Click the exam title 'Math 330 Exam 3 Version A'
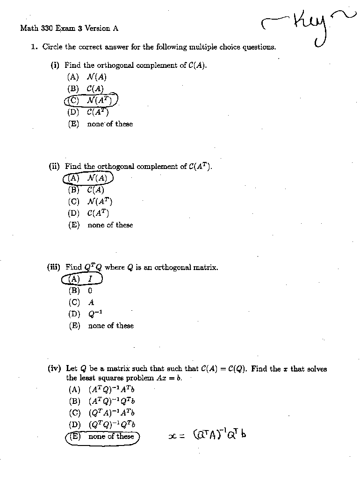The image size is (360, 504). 69,28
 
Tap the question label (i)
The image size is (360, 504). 55,66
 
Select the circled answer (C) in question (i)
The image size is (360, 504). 91,100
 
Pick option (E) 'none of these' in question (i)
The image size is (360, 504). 101,124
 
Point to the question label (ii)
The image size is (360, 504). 55,166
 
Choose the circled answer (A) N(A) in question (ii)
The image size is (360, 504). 88,178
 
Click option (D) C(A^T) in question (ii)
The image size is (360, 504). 89,213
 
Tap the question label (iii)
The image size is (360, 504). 54,267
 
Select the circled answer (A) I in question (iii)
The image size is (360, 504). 82,279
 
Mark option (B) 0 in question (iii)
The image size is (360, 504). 80,291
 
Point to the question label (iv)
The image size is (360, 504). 54,369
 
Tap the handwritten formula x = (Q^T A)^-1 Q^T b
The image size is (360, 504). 207,435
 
